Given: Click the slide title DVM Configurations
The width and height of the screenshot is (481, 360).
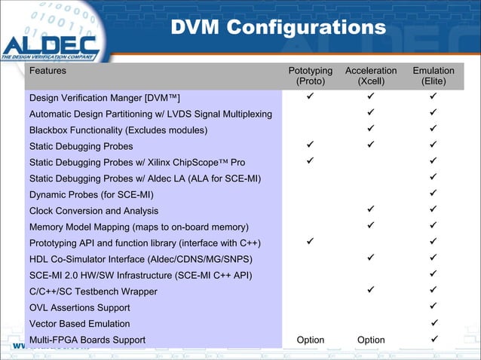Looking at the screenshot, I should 278,29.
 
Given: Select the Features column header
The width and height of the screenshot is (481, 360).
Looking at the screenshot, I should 47,71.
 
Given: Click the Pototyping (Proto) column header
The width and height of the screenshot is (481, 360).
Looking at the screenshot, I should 311,76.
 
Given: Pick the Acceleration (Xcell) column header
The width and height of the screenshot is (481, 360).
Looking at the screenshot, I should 371,76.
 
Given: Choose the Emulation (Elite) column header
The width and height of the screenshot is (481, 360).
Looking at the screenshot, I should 434,76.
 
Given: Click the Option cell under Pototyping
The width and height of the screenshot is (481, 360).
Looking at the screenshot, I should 311,340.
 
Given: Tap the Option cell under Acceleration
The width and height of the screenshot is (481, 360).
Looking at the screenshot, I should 371,340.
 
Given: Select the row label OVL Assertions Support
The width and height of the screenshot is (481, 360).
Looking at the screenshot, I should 79,307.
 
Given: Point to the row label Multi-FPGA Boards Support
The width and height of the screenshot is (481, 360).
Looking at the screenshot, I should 87,340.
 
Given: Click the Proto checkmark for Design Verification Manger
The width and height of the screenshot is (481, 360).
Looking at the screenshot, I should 311,97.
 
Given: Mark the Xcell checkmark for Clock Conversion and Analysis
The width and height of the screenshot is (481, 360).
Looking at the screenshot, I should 371,210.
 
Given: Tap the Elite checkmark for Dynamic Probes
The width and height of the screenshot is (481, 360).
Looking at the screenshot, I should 434,194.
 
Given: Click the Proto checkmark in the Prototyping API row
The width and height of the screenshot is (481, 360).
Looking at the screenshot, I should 311,242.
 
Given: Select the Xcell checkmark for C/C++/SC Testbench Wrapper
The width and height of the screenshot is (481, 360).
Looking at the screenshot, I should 371,291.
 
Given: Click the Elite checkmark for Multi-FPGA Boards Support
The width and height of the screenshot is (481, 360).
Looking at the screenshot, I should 434,339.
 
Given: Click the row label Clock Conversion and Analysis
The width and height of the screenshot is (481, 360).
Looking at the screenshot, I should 93,211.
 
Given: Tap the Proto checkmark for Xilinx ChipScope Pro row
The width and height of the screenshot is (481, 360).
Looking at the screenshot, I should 311,161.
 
